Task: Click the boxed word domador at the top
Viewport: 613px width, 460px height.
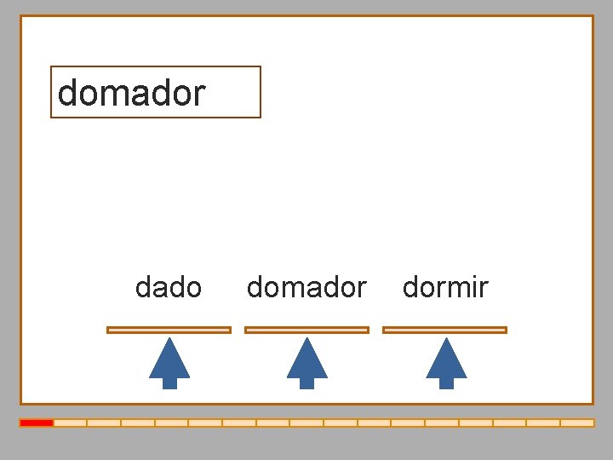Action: [x=132, y=92]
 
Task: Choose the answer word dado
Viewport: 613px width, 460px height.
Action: [x=169, y=288]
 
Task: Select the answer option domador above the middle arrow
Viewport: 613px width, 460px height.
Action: [x=306, y=288]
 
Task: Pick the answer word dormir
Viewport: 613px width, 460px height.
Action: [x=445, y=288]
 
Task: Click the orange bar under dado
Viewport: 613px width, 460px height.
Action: [x=169, y=330]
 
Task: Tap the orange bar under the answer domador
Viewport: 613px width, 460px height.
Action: [x=306, y=330]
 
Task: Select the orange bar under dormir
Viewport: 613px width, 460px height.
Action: [x=444, y=330]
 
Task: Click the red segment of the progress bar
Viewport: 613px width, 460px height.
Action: [x=37, y=423]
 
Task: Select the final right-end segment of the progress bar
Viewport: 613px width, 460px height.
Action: [x=577, y=423]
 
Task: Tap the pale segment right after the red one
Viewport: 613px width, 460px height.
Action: [x=71, y=423]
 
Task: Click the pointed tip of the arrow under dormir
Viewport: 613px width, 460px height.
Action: [x=446, y=341]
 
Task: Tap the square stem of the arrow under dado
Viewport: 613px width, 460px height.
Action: [x=169, y=382]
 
